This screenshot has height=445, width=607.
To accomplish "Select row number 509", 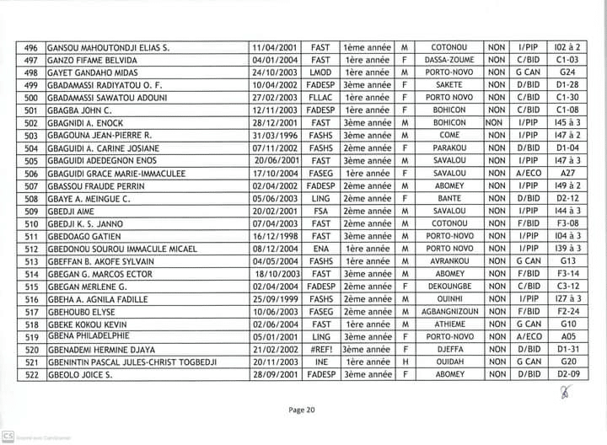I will tap(31, 211).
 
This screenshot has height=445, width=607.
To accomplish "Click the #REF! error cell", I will tap(320, 349).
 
